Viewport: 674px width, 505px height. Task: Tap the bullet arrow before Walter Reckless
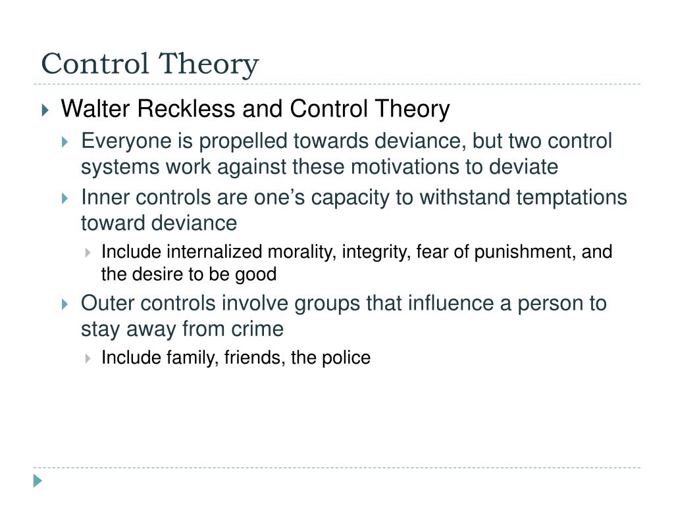pyautogui.click(x=45, y=110)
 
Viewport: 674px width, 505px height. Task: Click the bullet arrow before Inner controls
pyautogui.click(x=65, y=198)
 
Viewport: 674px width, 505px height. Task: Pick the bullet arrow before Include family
pyautogui.click(x=88, y=358)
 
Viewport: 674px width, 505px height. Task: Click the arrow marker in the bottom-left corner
pyautogui.click(x=38, y=481)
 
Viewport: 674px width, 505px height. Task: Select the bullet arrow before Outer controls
pyautogui.click(x=65, y=304)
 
